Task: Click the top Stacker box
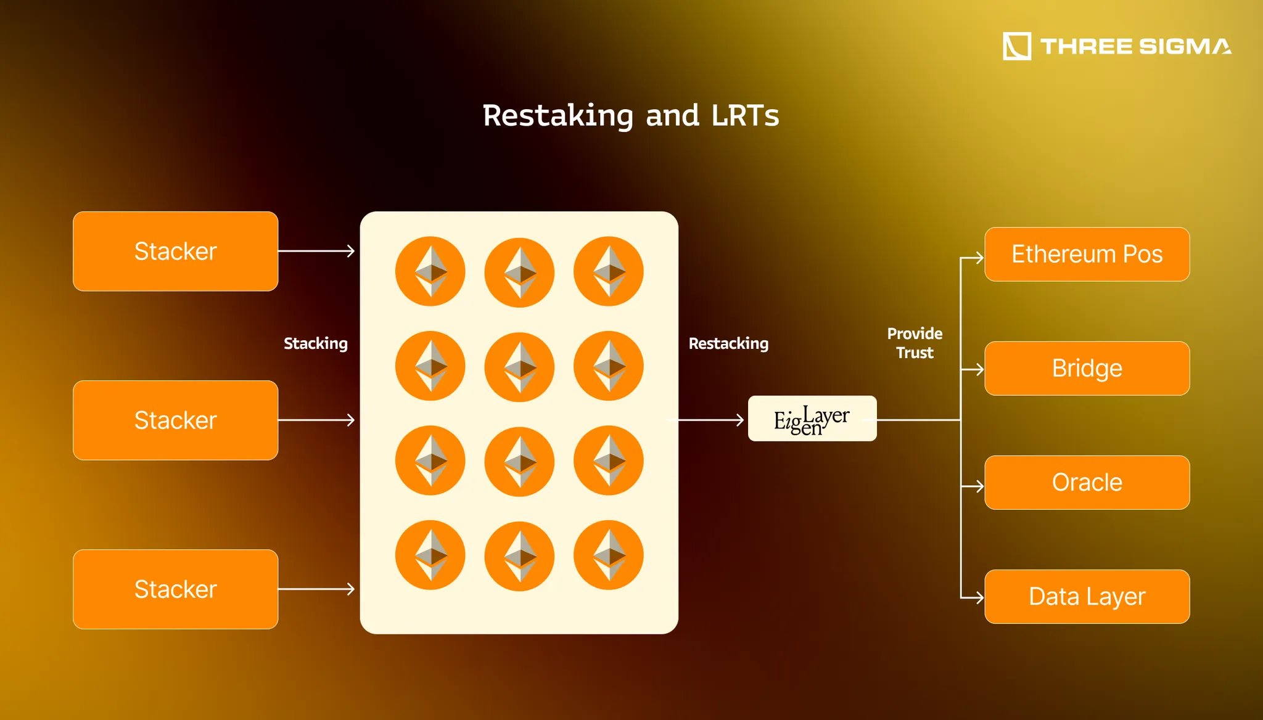tap(175, 252)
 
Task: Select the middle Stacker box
tap(175, 420)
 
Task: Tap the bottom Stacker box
tap(175, 589)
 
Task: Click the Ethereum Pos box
tap(1087, 255)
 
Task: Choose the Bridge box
tap(1087, 369)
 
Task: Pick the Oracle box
tap(1087, 483)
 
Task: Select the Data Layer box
tap(1087, 597)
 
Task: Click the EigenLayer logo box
tap(812, 419)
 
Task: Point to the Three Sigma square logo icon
tap(1017, 46)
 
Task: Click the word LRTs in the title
tap(745, 116)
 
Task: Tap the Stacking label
tap(315, 343)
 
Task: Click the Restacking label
tap(728, 343)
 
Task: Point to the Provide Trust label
tap(915, 343)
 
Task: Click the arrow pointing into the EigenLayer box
tap(709, 420)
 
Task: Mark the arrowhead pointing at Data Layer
tap(978, 597)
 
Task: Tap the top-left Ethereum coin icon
tap(430, 271)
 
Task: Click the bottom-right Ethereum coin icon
tap(608, 555)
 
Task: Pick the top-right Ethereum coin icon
tap(608, 271)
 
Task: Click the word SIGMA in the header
tap(1185, 46)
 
